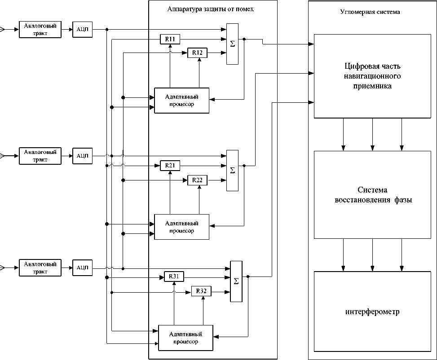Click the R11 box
point(170,40)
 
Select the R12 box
point(197,53)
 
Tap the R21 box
point(170,166)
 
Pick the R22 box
point(197,180)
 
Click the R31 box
point(174,277)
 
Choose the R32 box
point(201,291)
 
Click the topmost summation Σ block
point(232,44)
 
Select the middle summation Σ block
point(232,170)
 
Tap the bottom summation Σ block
point(236,281)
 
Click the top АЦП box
point(82,30)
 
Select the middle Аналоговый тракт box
point(40,156)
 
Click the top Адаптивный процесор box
point(181,100)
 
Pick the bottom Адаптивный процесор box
point(185,338)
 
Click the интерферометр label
point(372,312)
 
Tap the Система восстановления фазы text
point(372,195)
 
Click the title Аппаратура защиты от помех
point(211,9)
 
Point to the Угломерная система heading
point(370,12)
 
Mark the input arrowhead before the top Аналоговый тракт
point(2,30)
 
